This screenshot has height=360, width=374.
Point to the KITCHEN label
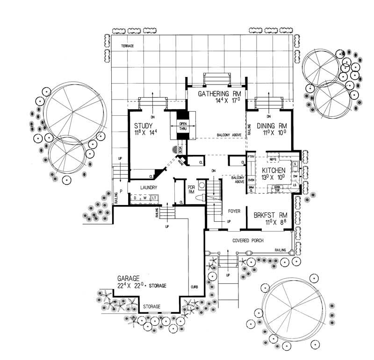point(274,170)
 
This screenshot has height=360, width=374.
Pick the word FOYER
point(234,211)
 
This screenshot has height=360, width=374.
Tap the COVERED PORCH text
point(247,240)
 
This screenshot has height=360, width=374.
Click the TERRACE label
point(128,46)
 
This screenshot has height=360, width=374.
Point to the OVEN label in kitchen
point(251,180)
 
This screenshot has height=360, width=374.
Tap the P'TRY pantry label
point(250,157)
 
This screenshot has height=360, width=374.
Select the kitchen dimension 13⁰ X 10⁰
point(274,178)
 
